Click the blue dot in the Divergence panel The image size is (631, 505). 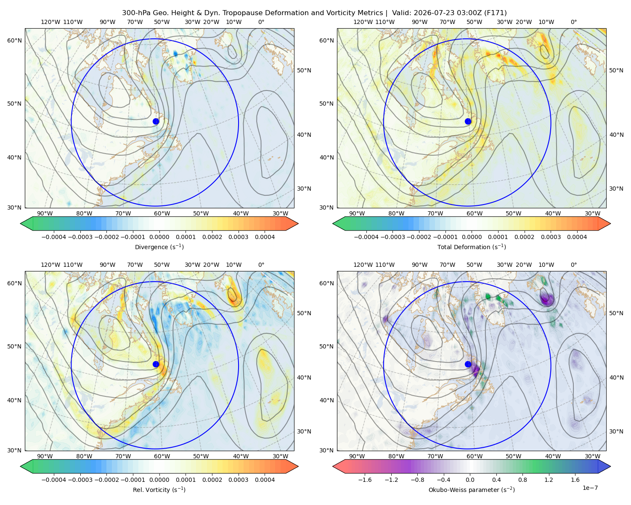coord(156,122)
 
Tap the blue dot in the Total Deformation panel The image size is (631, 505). coord(468,122)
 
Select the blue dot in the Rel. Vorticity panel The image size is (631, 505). coord(156,364)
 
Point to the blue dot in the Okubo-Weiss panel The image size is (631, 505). coord(468,364)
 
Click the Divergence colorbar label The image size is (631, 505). coord(159,247)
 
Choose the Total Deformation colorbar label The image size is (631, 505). coord(472,247)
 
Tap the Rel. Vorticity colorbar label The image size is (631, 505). coord(159,490)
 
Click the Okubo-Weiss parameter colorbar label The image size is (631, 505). coord(472,490)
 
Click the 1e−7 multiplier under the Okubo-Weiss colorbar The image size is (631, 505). coord(590,488)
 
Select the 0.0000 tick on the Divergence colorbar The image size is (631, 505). coord(159,237)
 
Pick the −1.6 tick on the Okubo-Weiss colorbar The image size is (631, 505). coord(365,480)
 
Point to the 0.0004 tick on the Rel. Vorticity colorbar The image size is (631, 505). coord(265,480)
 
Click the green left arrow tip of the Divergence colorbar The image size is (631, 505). coord(21,223)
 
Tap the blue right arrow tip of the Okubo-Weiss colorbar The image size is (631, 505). coord(610,466)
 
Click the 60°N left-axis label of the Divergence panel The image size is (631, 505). coord(14,40)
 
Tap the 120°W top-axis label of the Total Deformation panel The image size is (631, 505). coord(363,22)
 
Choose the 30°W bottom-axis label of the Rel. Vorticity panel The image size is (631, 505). coord(281,456)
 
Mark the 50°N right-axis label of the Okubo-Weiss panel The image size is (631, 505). coord(616,313)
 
